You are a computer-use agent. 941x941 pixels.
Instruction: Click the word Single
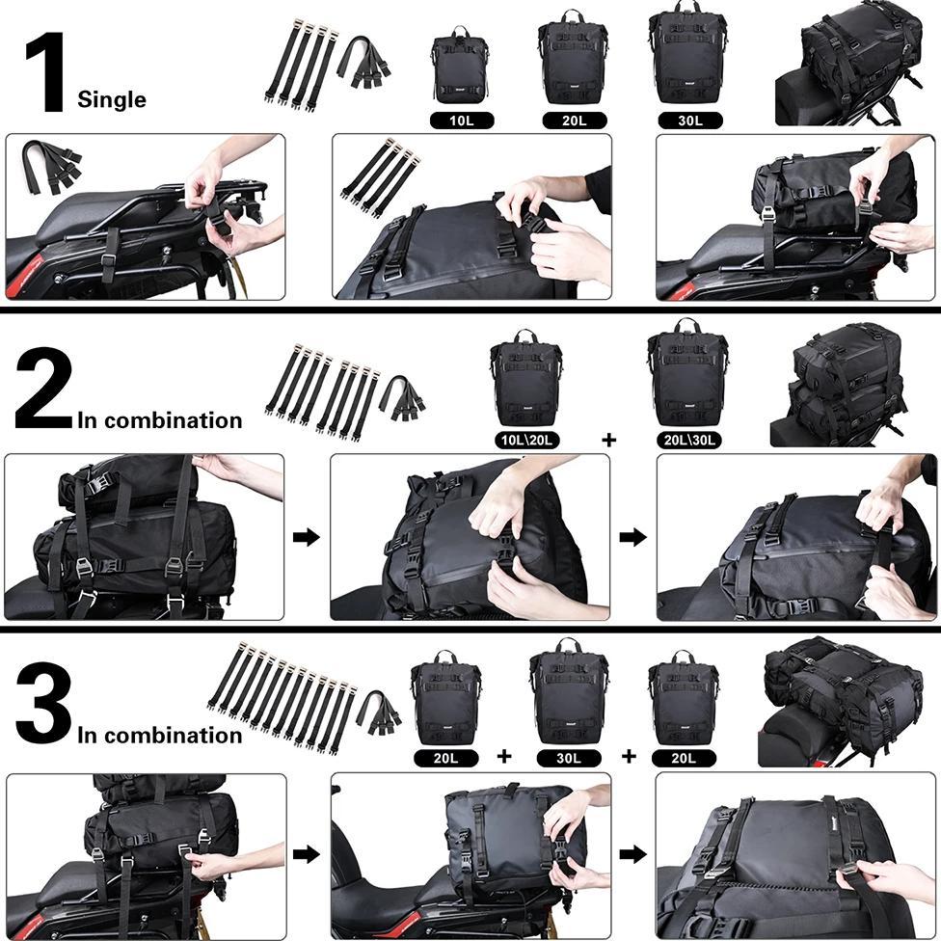(112, 99)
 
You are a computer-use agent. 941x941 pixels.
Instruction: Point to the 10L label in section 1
(462, 121)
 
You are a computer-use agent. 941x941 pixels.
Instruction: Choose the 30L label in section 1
(690, 121)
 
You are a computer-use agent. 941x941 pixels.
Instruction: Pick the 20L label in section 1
(574, 121)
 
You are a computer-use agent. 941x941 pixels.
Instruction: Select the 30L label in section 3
(569, 758)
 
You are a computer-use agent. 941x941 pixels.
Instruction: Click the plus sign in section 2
(608, 440)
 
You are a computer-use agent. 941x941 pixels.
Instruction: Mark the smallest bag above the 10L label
(461, 67)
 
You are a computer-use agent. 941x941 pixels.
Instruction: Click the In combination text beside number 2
(159, 420)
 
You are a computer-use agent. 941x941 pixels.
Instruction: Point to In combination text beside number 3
(159, 736)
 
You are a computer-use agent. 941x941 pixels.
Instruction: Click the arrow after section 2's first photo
(307, 537)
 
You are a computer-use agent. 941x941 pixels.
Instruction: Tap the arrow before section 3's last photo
(632, 854)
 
